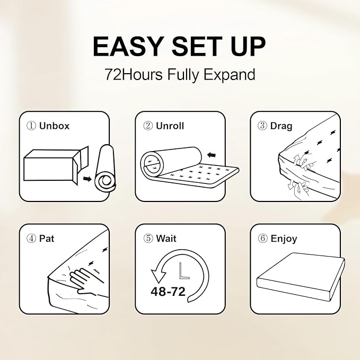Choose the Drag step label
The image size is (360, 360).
pos(281,126)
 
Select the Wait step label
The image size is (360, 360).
pos(166,239)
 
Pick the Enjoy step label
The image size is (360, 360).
pos(284,239)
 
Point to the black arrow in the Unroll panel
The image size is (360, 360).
pos(212,155)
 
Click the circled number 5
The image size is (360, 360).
pos(148,239)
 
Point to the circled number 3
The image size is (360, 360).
pos(262,126)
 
